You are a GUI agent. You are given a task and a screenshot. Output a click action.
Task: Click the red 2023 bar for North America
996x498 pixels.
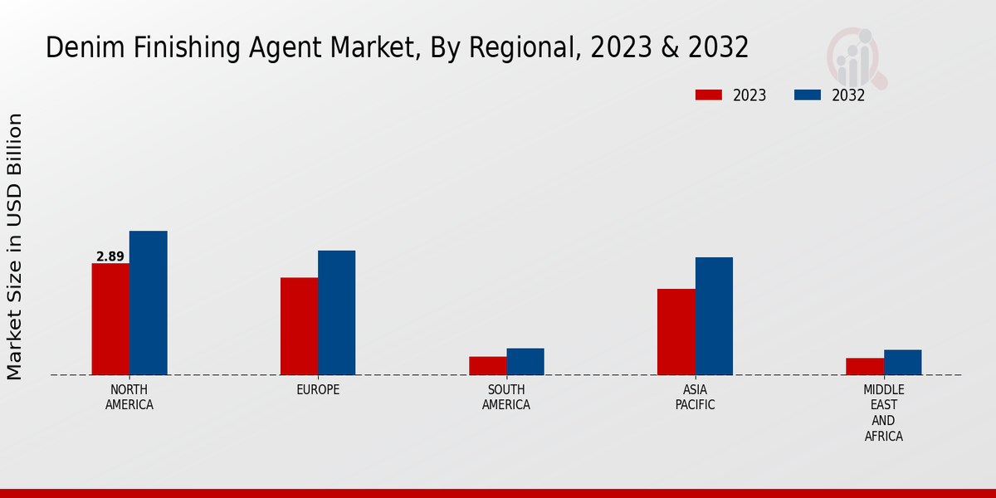110,319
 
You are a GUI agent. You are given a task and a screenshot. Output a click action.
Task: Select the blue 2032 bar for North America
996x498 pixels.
148,303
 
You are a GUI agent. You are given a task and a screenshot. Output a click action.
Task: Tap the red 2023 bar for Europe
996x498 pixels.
299,326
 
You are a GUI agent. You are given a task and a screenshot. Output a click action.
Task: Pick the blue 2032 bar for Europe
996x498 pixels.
336,313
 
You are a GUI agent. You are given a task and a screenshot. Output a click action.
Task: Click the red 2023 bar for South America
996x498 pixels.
487,366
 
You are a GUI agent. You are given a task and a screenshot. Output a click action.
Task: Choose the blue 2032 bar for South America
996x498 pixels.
525,362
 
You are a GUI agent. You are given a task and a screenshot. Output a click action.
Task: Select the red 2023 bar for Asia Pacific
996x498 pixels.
676,332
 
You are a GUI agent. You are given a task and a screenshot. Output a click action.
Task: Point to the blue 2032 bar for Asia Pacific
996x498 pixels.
714,316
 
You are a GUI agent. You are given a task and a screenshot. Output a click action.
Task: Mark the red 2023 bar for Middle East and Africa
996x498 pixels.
865,367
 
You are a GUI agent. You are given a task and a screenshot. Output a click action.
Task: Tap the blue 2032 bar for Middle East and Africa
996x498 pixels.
902,363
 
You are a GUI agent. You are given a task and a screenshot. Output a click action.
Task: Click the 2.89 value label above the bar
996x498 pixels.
110,256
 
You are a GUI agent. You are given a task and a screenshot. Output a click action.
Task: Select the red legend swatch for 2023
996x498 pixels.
708,95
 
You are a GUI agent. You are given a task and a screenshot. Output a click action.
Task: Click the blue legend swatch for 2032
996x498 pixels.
808,95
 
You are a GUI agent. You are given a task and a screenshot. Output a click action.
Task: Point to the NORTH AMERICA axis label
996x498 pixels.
129,398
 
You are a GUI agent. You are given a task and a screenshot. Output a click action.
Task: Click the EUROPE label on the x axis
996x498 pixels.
318,390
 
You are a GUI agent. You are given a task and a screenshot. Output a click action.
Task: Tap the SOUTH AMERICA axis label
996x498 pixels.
506,398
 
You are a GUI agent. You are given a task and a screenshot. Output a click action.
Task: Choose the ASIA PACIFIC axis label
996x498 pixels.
695,398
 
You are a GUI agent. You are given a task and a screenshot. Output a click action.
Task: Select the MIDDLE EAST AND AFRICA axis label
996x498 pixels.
884,413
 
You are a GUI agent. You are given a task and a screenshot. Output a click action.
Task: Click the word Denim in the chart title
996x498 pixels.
77,47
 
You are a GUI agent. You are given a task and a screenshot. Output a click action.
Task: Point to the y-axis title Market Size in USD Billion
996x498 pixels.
15,247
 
